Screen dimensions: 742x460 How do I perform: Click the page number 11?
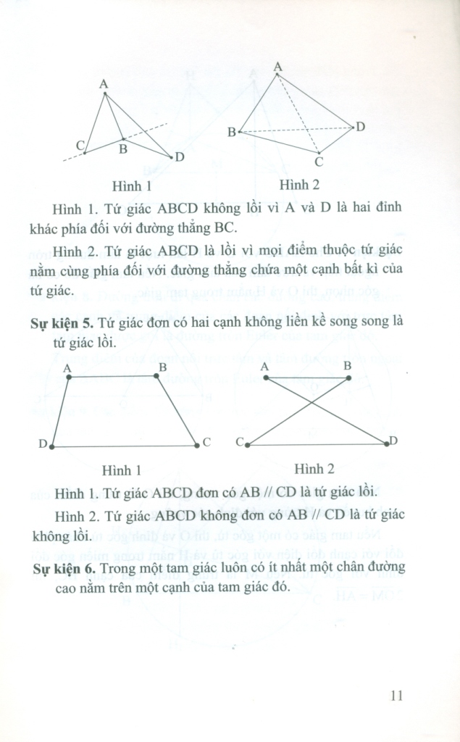[395, 696]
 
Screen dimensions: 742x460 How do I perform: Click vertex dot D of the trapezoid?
[53, 447]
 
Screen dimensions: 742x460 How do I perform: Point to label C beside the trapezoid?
[206, 442]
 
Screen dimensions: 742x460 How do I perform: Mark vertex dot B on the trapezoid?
[159, 376]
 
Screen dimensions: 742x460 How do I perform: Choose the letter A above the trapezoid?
[67, 367]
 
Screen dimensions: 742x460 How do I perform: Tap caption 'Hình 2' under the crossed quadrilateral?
[314, 469]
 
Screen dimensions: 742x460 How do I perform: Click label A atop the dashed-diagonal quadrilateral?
[277, 66]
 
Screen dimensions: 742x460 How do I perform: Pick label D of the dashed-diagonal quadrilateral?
[359, 127]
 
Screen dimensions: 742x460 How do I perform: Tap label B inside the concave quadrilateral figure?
[123, 149]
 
